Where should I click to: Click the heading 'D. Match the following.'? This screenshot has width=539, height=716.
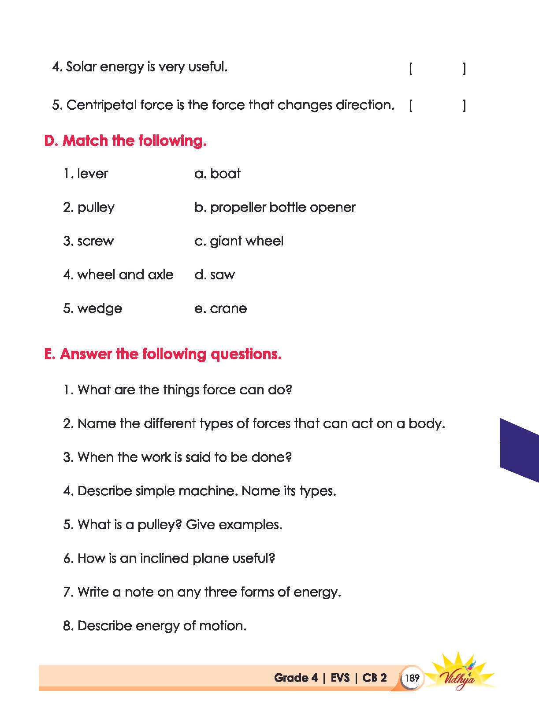(x=125, y=141)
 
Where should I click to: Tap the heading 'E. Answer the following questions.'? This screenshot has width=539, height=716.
(x=163, y=354)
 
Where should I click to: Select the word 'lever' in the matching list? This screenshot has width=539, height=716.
(x=93, y=174)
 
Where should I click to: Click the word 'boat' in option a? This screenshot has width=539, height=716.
(x=225, y=174)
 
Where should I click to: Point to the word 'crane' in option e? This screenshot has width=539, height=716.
(x=228, y=308)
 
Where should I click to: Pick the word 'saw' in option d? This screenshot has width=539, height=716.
(x=223, y=275)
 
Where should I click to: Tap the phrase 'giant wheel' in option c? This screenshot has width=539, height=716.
(x=246, y=241)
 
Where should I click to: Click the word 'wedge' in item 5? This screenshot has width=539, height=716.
(x=100, y=309)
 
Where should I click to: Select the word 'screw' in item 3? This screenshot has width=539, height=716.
(x=95, y=241)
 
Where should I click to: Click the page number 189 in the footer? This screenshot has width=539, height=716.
(x=412, y=677)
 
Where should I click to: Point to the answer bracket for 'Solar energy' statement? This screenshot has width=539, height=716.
(x=437, y=69)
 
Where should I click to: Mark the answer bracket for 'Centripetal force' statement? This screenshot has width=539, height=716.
(x=437, y=106)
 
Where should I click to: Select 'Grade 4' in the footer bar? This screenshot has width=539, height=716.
(x=295, y=678)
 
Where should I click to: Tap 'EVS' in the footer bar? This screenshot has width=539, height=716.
(x=340, y=678)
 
